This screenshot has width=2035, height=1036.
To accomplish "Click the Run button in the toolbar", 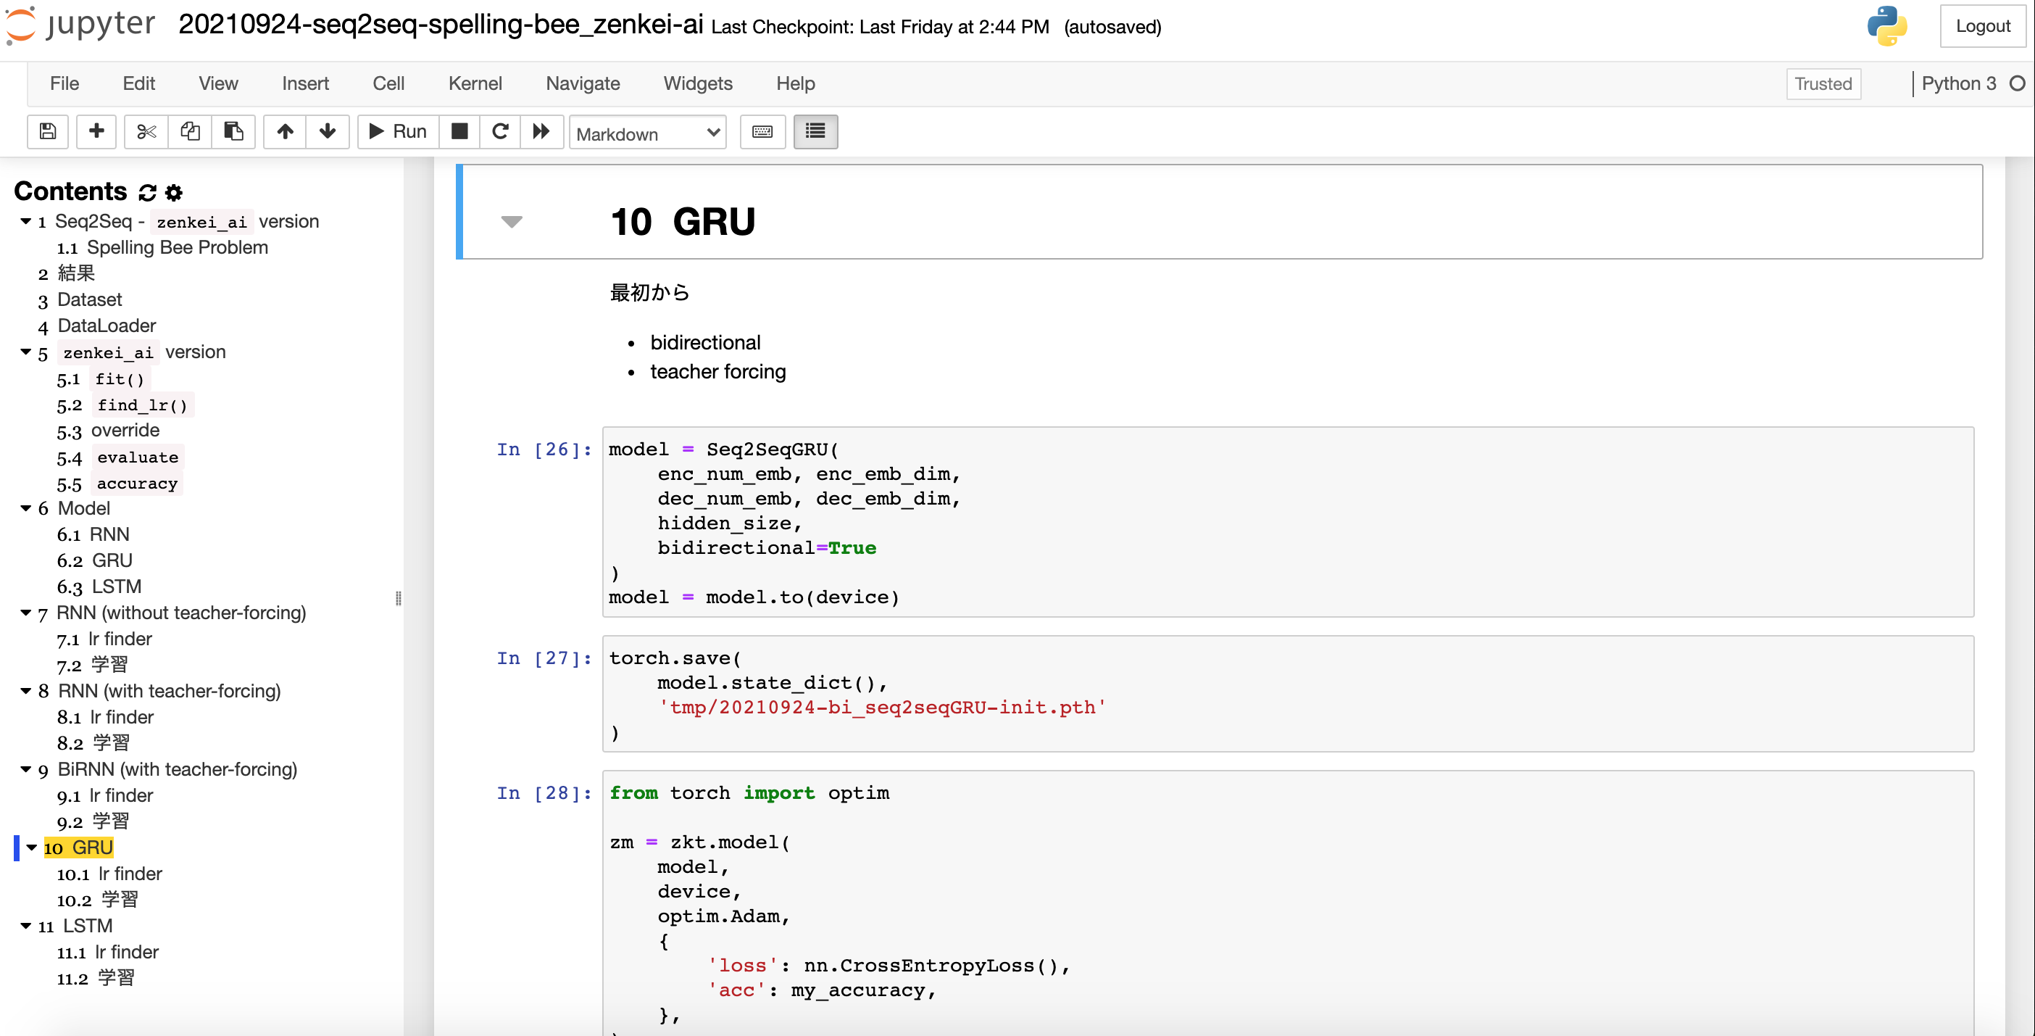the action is pos(398,131).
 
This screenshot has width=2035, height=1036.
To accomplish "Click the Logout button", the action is pos(1983,26).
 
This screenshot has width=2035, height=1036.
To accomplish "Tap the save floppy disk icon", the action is pos(48,131).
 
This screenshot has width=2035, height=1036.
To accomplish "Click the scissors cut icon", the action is pos(146,131).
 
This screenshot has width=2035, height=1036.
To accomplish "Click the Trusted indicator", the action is pos(1823,84).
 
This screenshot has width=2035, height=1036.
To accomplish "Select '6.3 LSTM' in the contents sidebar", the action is pos(99,587).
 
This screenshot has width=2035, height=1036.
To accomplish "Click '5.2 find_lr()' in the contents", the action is pos(122,405).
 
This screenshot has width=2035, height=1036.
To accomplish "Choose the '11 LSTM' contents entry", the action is pos(76,925).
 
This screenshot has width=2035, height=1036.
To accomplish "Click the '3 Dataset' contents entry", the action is pos(80,299).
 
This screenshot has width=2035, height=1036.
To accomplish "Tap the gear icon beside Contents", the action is pos(174,192).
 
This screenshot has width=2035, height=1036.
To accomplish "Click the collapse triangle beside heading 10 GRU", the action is pos(512,221).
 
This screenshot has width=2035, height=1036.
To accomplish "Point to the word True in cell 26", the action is pos(852,547).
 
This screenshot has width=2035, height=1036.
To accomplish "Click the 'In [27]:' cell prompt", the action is pos(544,658).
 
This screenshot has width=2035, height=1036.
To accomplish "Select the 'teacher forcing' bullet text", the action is pos(718,371).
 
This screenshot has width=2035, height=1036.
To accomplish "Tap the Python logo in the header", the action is pos(1886,26).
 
